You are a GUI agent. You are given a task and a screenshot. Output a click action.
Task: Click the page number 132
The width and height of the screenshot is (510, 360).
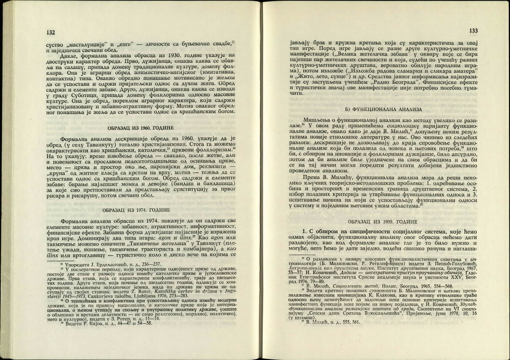tap(51, 32)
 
